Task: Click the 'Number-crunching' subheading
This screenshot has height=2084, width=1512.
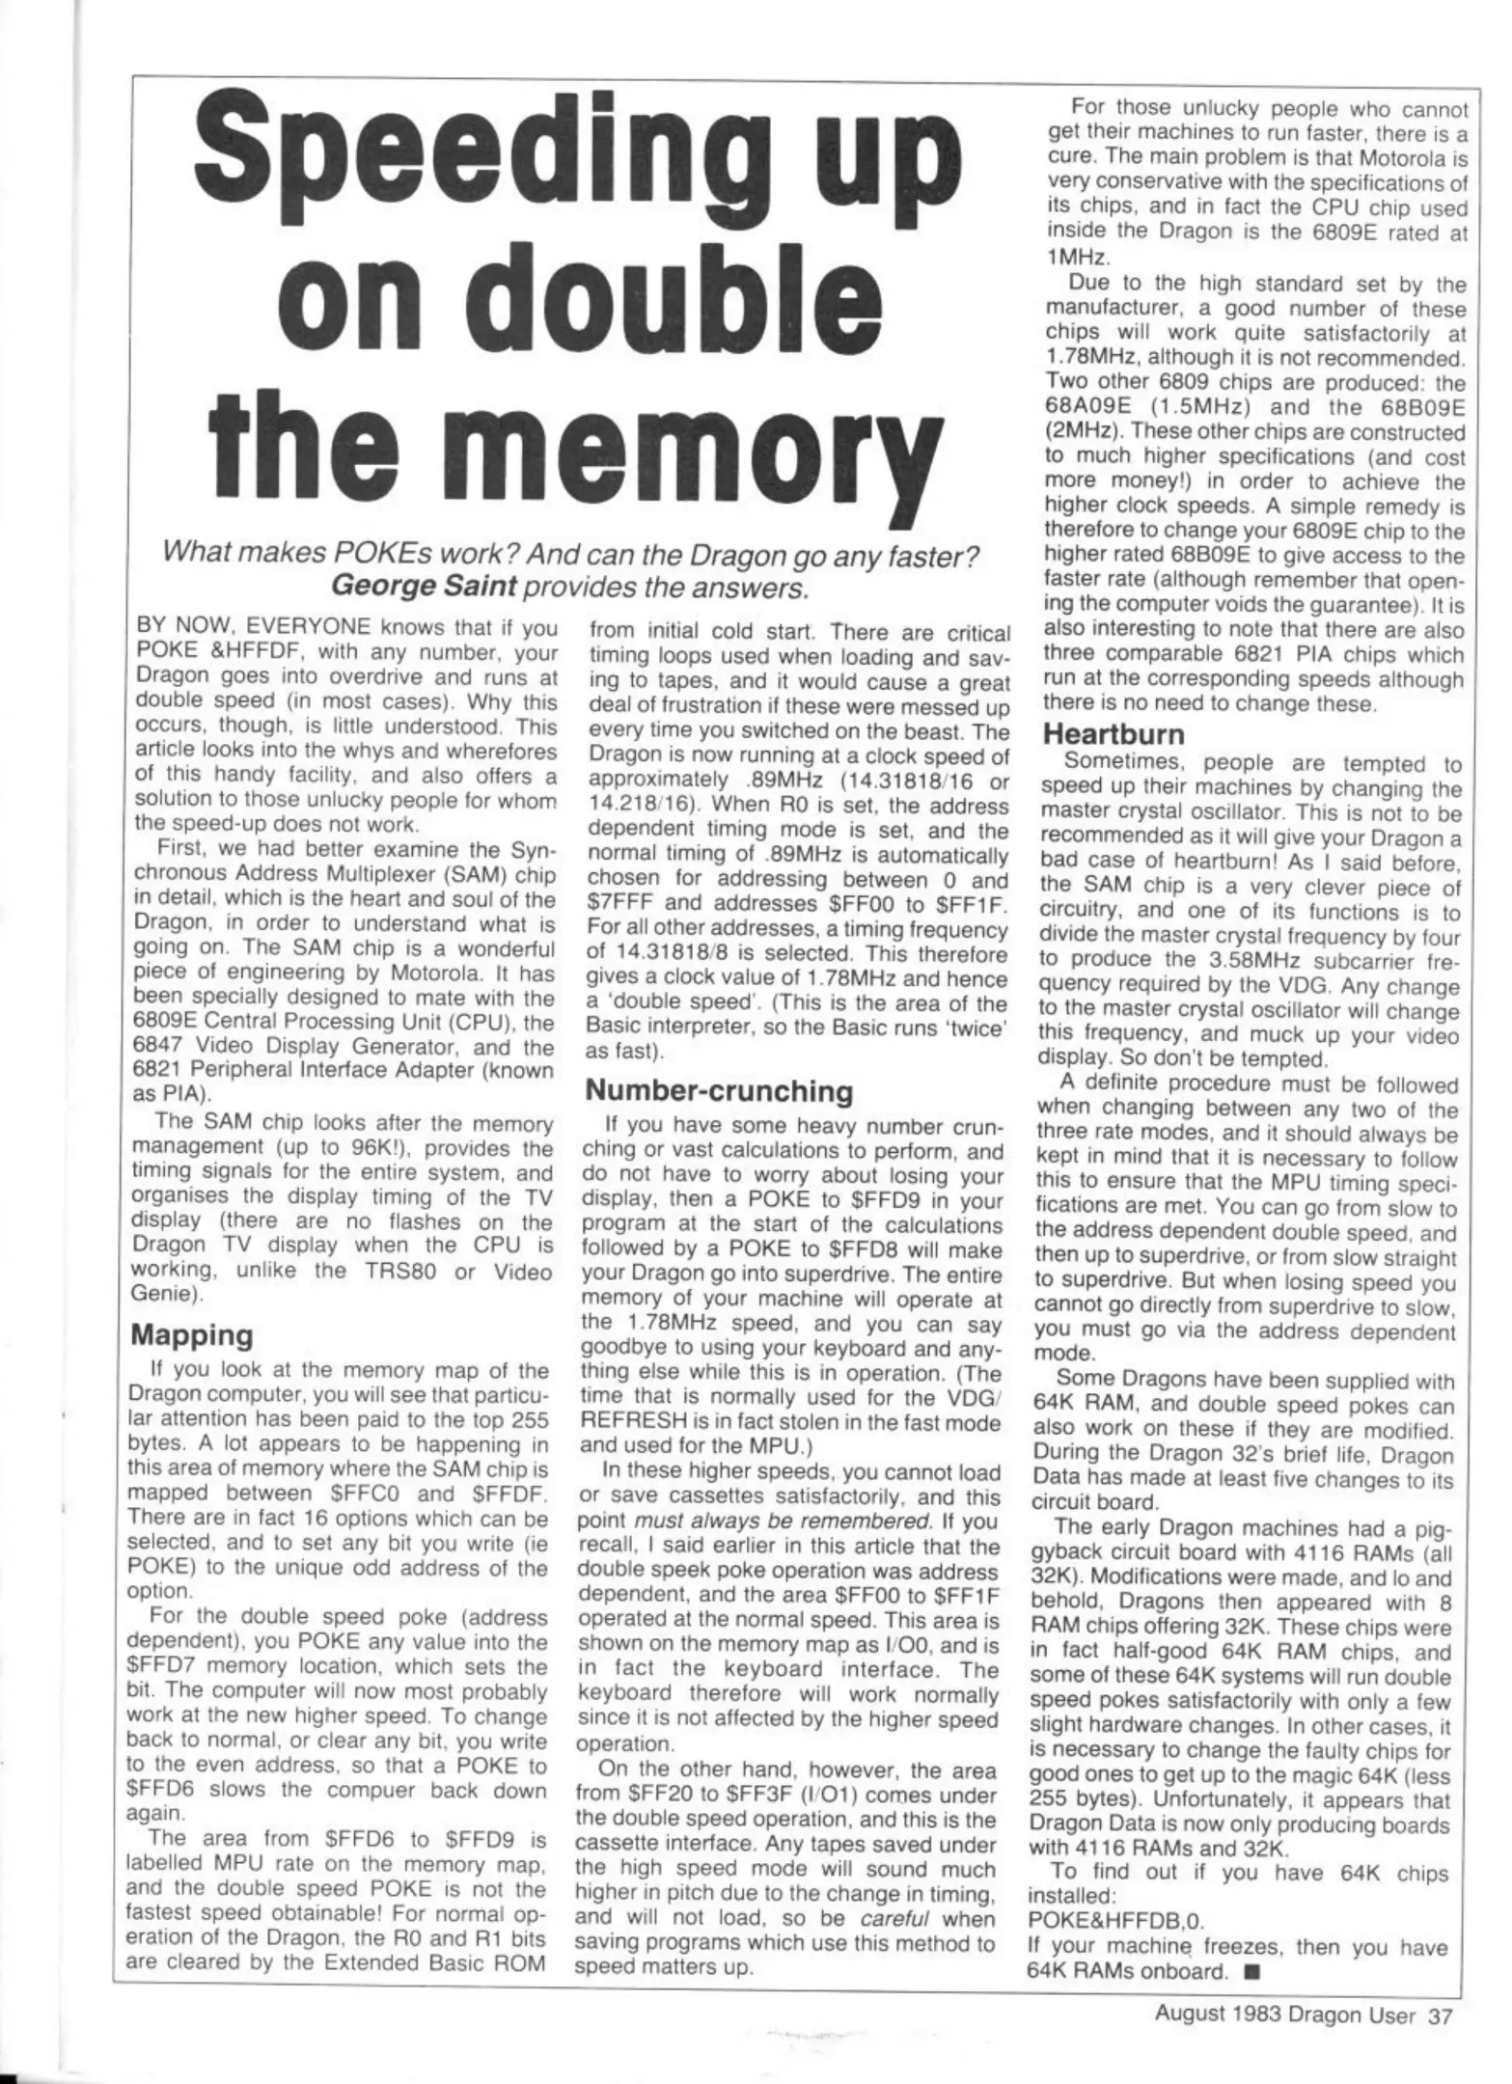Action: [720, 1090]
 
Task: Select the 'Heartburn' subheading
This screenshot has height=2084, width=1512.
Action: [1113, 732]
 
